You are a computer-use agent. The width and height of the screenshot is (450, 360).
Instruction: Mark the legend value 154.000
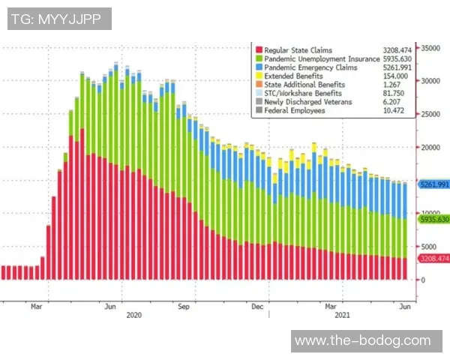[385, 76]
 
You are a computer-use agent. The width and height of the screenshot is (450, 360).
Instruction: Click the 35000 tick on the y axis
[430, 47]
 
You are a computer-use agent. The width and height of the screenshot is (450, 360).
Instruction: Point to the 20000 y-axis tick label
[430, 148]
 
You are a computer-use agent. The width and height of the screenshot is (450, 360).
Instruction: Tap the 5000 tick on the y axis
[427, 247]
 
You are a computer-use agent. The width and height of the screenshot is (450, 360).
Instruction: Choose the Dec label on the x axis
[257, 306]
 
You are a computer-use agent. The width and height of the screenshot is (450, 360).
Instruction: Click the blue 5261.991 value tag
[433, 184]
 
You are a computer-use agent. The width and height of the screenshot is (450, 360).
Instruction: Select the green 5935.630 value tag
[433, 219]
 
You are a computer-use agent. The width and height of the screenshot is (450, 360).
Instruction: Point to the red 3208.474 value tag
[433, 259]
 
